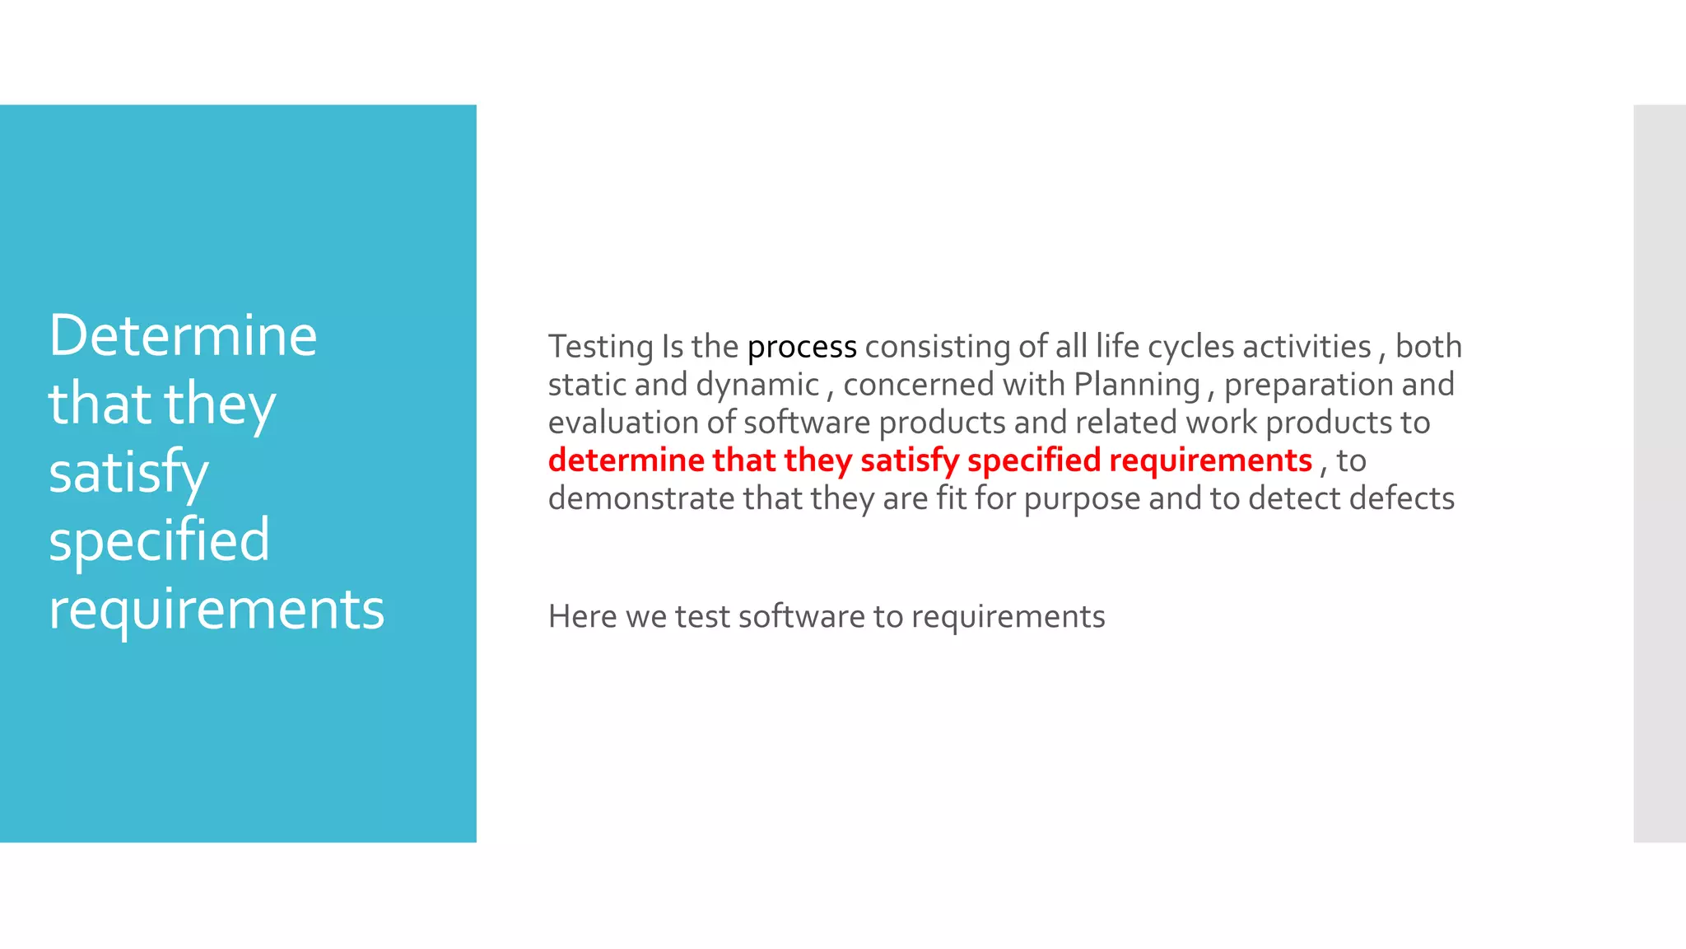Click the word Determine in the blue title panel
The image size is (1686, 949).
click(183, 336)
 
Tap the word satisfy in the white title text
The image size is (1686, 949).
click(128, 474)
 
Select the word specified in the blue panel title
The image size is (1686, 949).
click(159, 541)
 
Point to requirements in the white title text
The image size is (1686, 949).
click(217, 610)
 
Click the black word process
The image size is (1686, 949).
click(802, 348)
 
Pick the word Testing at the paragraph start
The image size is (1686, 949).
click(600, 348)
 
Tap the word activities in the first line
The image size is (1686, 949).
click(1306, 347)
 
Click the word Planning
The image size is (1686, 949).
click(1137, 386)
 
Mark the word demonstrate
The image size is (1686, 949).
click(641, 499)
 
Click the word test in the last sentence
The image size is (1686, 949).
click(702, 617)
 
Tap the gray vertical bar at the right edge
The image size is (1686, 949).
click(1659, 473)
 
